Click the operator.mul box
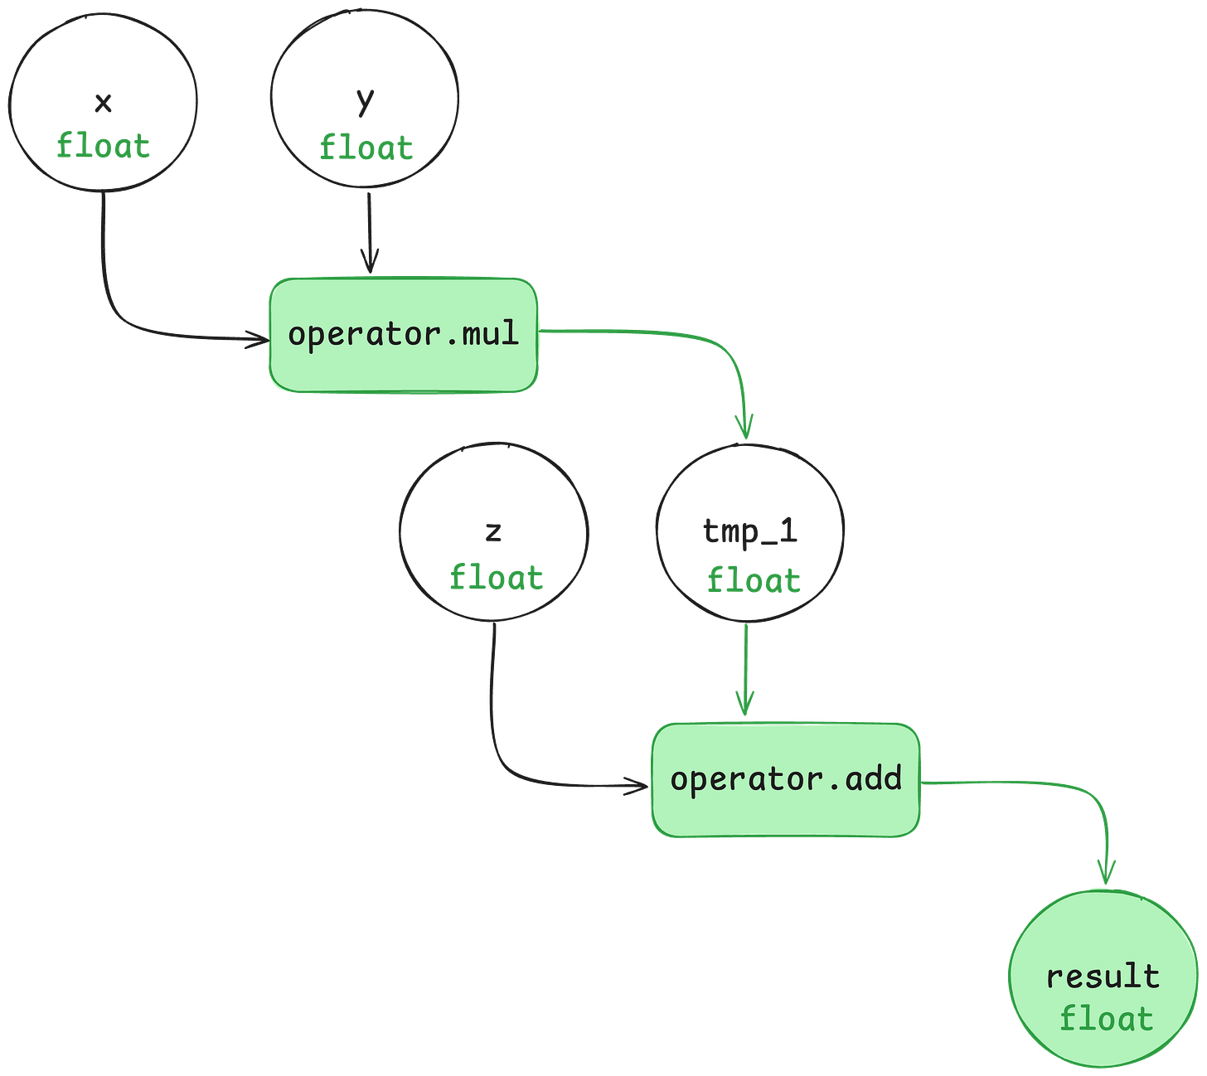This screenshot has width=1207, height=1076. pyautogui.click(x=404, y=334)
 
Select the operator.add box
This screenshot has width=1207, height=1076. pyautogui.click(x=785, y=779)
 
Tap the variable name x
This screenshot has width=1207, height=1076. pyautogui.click(x=103, y=104)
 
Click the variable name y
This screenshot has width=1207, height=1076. pyautogui.click(x=365, y=101)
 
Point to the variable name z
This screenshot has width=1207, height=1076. pyautogui.click(x=493, y=531)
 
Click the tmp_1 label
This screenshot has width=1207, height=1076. pyautogui.click(x=750, y=531)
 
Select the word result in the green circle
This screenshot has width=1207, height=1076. pyautogui.click(x=1103, y=976)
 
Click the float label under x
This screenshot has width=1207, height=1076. pyautogui.click(x=103, y=147)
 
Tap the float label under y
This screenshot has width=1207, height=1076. pyautogui.click(x=366, y=148)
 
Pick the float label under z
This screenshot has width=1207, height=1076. pyautogui.click(x=496, y=577)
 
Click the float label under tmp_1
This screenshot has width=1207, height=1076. pyautogui.click(x=753, y=579)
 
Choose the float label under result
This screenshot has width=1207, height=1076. pyautogui.click(x=1106, y=1018)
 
